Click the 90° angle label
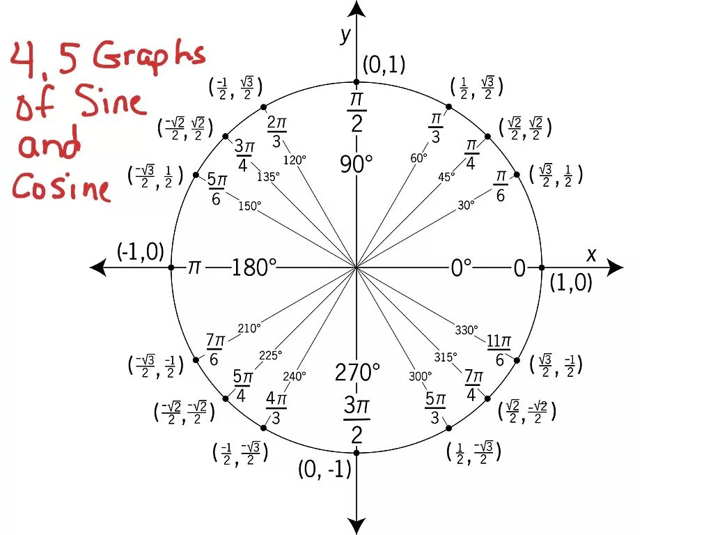356,164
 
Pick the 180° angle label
254,267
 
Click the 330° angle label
467,329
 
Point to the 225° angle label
270,355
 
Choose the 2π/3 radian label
276,132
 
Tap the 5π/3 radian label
435,408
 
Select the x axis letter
591,255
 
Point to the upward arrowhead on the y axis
356,9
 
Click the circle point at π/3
448,107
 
